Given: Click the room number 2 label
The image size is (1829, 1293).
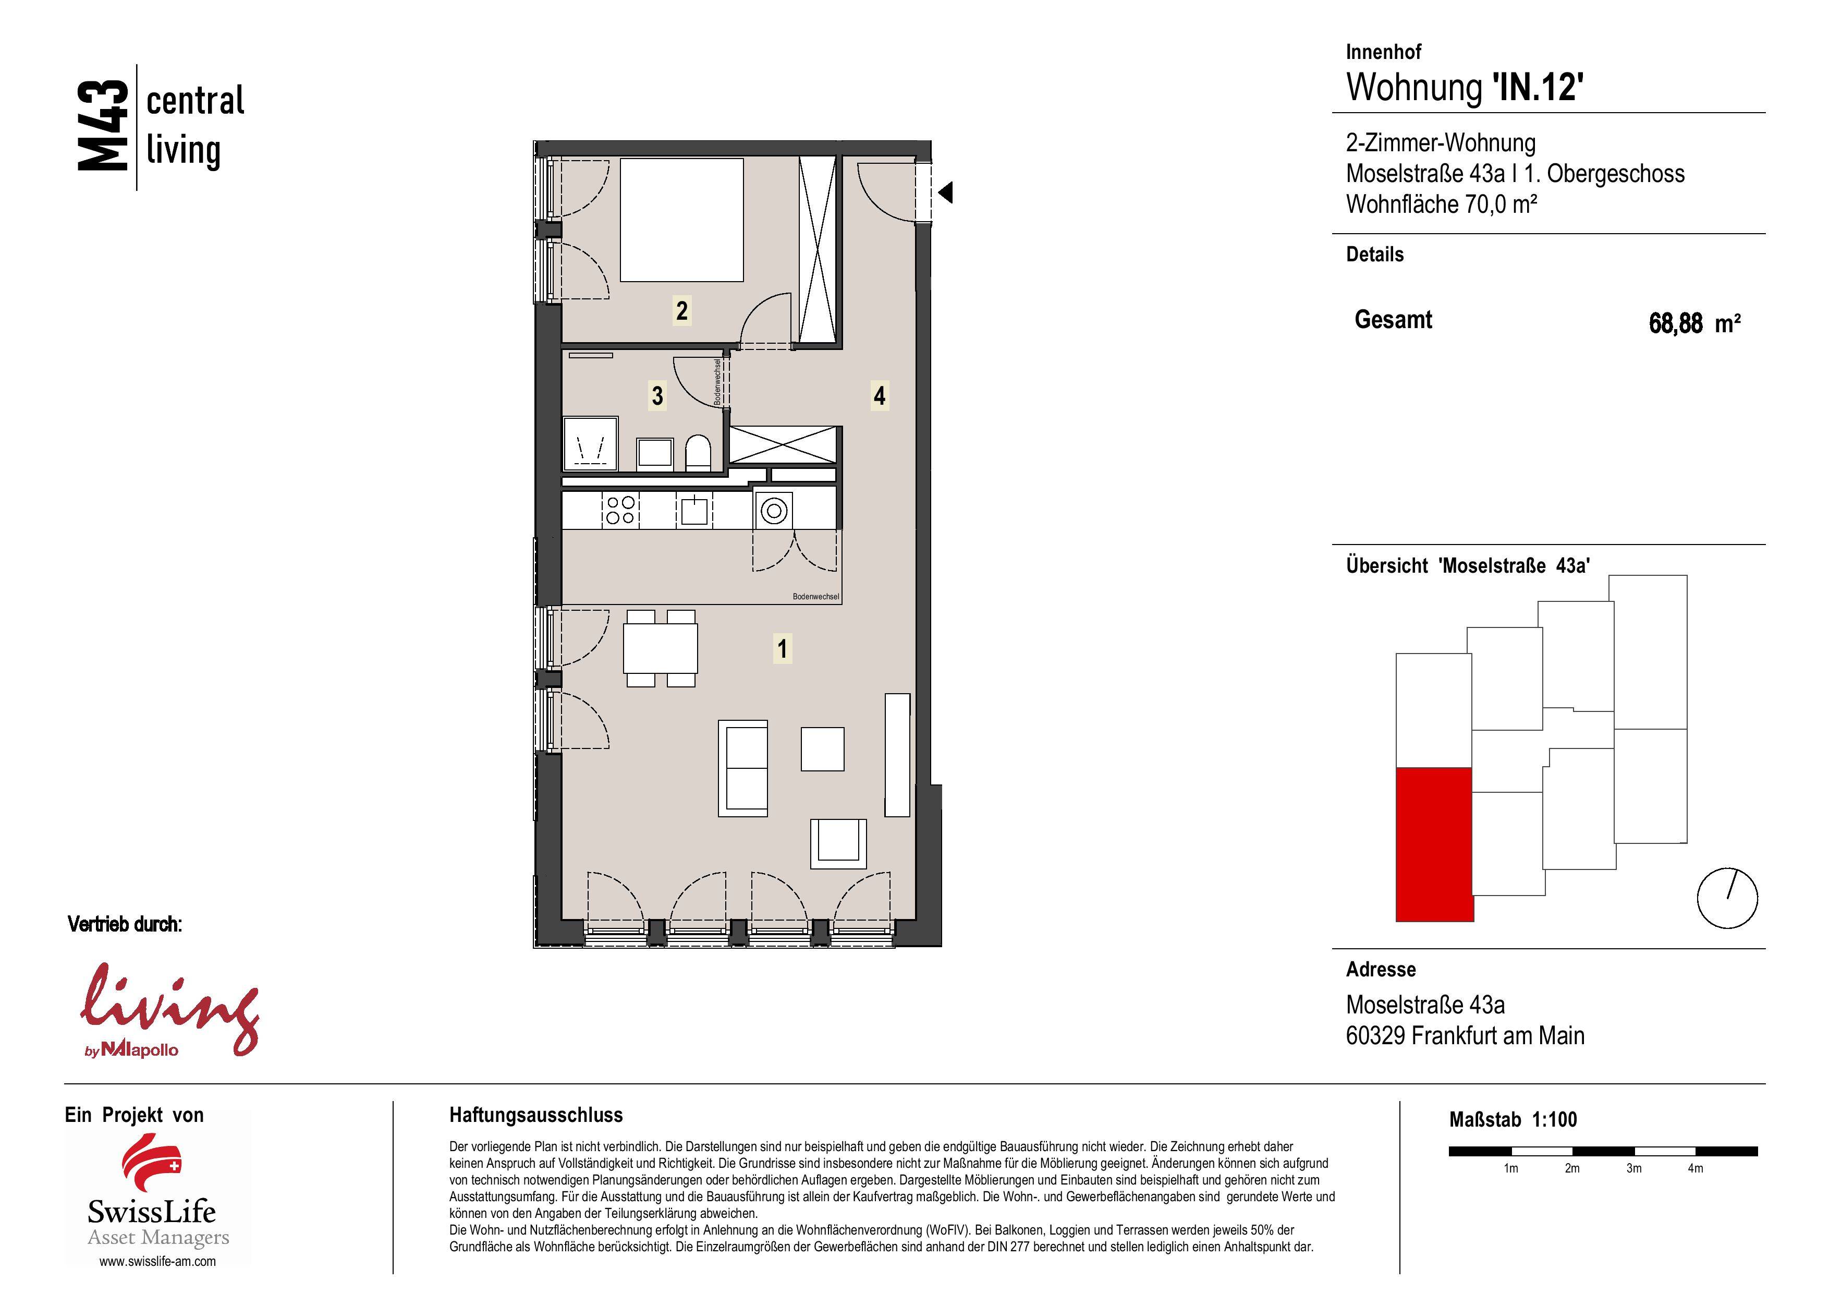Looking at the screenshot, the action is click(x=681, y=310).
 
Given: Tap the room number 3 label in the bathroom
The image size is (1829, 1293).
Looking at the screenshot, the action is click(x=657, y=395).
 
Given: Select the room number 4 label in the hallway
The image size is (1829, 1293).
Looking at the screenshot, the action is click(x=880, y=395).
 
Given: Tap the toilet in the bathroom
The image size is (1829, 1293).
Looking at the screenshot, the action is click(x=698, y=452).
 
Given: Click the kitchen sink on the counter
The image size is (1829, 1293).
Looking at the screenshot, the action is click(x=694, y=510).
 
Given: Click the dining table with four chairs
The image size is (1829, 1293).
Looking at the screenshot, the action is click(x=661, y=648).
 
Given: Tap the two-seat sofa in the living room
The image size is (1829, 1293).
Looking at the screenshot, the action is click(x=743, y=768).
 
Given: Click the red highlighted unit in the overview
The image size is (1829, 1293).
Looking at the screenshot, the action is click(x=1434, y=844).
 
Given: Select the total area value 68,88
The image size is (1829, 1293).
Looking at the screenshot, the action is click(x=1675, y=323).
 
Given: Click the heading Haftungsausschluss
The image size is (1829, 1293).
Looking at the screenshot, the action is click(x=536, y=1115).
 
